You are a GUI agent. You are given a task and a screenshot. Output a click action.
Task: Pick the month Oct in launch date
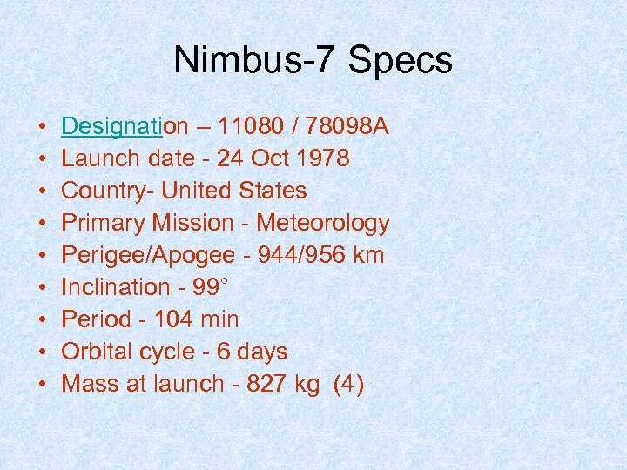click(x=271, y=159)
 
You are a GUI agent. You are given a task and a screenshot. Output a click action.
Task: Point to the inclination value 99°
click(x=212, y=287)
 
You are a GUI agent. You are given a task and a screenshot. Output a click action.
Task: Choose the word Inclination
click(x=116, y=287)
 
